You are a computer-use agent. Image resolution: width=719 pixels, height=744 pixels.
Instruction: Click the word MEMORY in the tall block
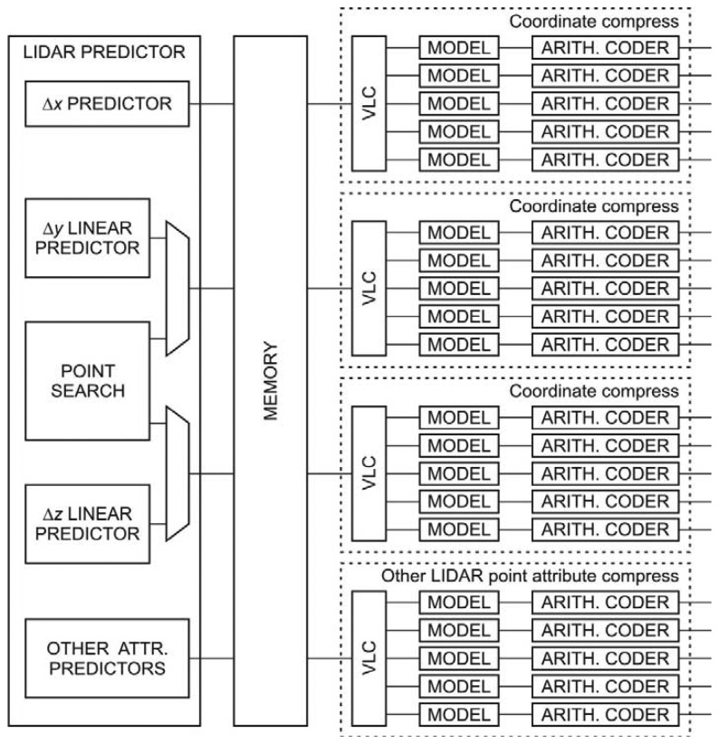coord(271,380)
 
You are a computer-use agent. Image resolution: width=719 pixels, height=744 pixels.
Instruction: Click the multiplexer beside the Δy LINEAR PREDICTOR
coord(178,290)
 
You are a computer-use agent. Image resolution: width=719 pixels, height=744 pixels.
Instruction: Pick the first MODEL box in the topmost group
coord(458,48)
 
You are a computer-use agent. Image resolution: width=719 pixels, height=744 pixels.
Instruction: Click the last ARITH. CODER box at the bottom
coord(605,714)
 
